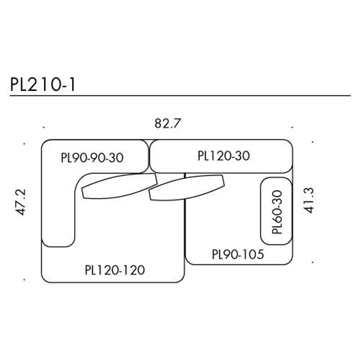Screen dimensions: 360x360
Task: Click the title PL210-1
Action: point(43,85)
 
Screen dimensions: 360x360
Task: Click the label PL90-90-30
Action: point(92,158)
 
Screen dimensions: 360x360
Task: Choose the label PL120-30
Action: point(224,155)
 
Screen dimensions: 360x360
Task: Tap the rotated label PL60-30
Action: point(277,212)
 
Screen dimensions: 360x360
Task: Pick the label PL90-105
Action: point(238,254)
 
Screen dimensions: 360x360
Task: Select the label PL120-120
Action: point(115,270)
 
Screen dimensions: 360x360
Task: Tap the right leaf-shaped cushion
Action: point(186,187)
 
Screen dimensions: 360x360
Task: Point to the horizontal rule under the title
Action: point(180,96)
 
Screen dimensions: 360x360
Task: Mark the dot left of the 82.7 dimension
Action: point(43,127)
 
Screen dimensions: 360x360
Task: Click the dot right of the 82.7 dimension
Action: point(292,127)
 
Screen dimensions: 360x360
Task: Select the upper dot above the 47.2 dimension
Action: point(24,143)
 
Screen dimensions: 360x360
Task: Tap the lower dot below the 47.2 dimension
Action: point(24,280)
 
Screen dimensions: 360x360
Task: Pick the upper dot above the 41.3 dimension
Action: point(313,142)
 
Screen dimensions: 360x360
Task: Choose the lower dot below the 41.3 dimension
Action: point(313,262)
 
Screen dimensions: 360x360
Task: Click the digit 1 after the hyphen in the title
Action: point(72,85)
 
